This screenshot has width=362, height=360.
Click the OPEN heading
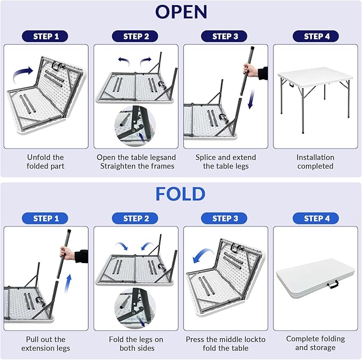pyautogui.click(x=181, y=12)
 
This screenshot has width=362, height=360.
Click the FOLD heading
pyautogui.click(x=180, y=194)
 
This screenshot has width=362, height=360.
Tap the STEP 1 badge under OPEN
pyautogui.click(x=45, y=36)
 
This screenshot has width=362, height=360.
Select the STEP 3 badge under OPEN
pyautogui.click(x=224, y=36)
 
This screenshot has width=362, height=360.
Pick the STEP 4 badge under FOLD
pyautogui.click(x=316, y=218)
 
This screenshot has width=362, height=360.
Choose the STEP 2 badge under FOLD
pyautogui.click(x=135, y=218)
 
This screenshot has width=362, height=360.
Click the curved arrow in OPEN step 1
pyautogui.click(x=22, y=73)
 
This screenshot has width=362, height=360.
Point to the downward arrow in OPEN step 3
pyautogui.click(x=251, y=99)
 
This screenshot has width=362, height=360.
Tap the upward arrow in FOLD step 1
pyautogui.click(x=68, y=284)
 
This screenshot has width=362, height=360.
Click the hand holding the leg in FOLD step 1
pyautogui.click(x=68, y=253)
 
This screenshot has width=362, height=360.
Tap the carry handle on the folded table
pyautogui.click(x=333, y=284)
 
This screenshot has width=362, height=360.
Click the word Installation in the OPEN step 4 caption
pyautogui.click(x=316, y=157)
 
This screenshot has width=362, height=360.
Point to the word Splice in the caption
pyautogui.click(x=205, y=158)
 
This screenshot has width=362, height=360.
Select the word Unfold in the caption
pyautogui.click(x=36, y=157)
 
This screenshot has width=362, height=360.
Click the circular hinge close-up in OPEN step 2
pyautogui.click(x=135, y=126)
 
